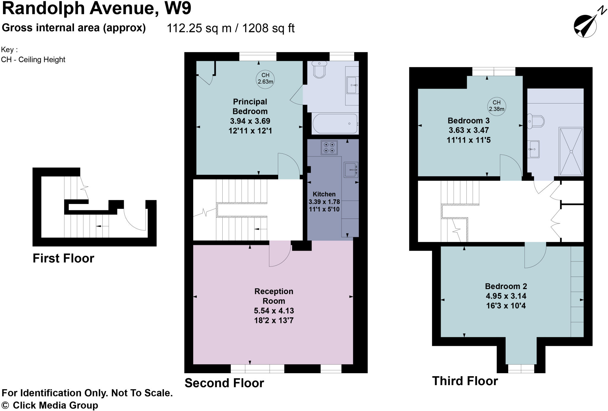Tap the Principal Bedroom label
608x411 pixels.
(250, 106)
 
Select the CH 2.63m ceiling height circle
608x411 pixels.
(265, 79)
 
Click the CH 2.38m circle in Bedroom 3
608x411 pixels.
(496, 106)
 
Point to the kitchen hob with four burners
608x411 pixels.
(329, 148)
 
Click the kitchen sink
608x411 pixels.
(351, 170)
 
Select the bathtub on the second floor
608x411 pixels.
(335, 123)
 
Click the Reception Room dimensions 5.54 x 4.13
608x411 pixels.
(274, 311)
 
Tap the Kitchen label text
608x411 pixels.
(324, 194)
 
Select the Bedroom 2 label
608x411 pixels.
(506, 286)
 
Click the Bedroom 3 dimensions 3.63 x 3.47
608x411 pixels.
(468, 130)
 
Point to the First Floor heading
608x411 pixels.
(63, 258)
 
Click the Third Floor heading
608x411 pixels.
(465, 381)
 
